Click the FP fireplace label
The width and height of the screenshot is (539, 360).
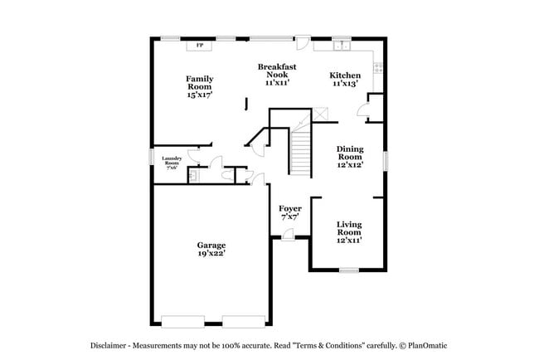[200, 45]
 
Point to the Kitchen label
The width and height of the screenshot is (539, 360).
[345, 78]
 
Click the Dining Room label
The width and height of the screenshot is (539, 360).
[349, 157]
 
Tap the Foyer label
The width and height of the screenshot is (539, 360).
[289, 212]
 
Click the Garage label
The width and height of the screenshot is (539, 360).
[211, 250]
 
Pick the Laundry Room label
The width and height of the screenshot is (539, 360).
[172, 162]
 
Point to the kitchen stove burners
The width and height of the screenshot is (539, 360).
[378, 68]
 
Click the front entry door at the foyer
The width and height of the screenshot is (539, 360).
[287, 236]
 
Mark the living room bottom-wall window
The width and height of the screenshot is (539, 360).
[349, 270]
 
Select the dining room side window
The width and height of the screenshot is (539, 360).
[386, 158]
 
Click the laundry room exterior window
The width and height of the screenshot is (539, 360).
[151, 156]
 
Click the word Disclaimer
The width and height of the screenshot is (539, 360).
[112, 345]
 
